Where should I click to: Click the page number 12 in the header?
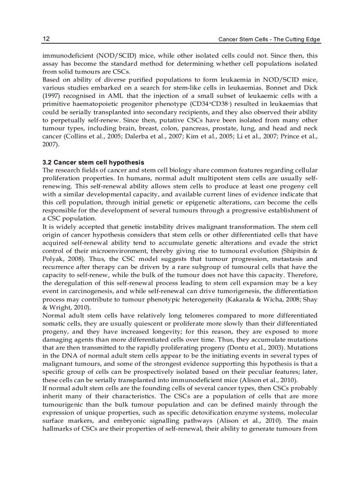click(46, 39)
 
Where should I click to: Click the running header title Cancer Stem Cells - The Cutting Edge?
click(269, 40)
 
